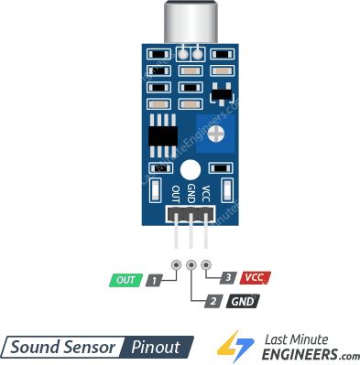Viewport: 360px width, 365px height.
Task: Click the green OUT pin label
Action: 125,280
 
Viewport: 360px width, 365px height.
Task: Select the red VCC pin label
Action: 256,276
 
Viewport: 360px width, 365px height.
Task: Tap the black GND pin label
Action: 242,300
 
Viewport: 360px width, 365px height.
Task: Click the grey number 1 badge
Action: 156,280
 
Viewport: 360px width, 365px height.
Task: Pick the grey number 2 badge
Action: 212,300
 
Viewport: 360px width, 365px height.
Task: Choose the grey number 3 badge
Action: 227,276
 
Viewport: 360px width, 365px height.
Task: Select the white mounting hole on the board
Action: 190,170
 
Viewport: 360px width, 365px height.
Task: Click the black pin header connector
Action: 190,215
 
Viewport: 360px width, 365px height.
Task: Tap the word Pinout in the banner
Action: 158,347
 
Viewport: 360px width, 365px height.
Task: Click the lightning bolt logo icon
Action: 235,345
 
